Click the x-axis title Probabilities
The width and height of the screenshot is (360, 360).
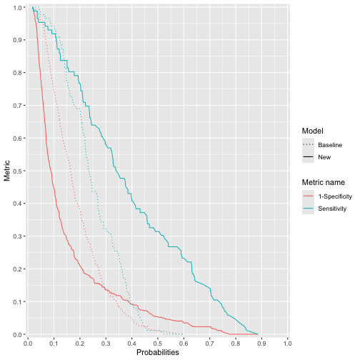pyautogui.click(x=159, y=353)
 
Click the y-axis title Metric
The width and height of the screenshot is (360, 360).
pyautogui.click(x=7, y=171)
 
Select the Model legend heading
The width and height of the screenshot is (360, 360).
pyautogui.click(x=313, y=131)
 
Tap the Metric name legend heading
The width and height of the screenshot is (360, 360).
pyautogui.click(x=326, y=182)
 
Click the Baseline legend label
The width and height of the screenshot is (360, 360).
pyautogui.click(x=330, y=145)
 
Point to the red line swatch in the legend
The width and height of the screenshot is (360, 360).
pyautogui.click(x=308, y=196)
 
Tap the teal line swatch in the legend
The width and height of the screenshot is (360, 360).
pyautogui.click(x=308, y=208)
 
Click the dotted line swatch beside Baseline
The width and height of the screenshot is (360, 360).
pyautogui.click(x=308, y=145)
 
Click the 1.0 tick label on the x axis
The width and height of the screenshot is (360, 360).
pyautogui.click(x=287, y=344)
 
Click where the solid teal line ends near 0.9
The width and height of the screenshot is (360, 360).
pyautogui.click(x=258, y=334)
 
